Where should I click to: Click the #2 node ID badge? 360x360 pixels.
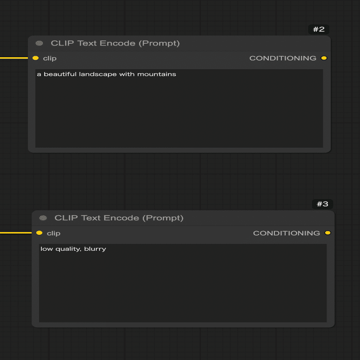click(x=319, y=29)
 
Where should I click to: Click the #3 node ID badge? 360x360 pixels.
click(x=323, y=204)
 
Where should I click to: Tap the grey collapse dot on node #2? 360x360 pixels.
click(x=39, y=43)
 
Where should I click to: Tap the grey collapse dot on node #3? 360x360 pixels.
click(x=43, y=218)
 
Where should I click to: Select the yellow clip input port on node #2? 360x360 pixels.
click(x=36, y=58)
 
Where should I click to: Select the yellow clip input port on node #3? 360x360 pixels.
click(x=39, y=233)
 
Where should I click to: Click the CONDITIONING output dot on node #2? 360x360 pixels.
click(x=324, y=58)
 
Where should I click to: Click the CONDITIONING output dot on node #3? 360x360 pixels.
click(x=327, y=233)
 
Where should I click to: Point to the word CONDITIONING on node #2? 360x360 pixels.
click(x=283, y=58)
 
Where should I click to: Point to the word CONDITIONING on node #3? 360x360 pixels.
click(x=287, y=233)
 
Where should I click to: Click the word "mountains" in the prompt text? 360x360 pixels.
click(x=157, y=74)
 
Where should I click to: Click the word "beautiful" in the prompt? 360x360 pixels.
click(x=60, y=74)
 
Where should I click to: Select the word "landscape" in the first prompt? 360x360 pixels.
click(x=98, y=74)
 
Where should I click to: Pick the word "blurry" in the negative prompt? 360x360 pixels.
click(x=95, y=249)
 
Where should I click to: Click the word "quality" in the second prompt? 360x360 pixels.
click(x=68, y=249)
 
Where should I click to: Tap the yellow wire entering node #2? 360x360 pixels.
click(x=14, y=58)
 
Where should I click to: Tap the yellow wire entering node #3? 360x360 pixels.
click(x=16, y=233)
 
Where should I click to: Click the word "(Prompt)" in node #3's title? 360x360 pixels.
click(x=163, y=218)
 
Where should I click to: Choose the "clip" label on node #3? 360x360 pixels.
click(x=53, y=233)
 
